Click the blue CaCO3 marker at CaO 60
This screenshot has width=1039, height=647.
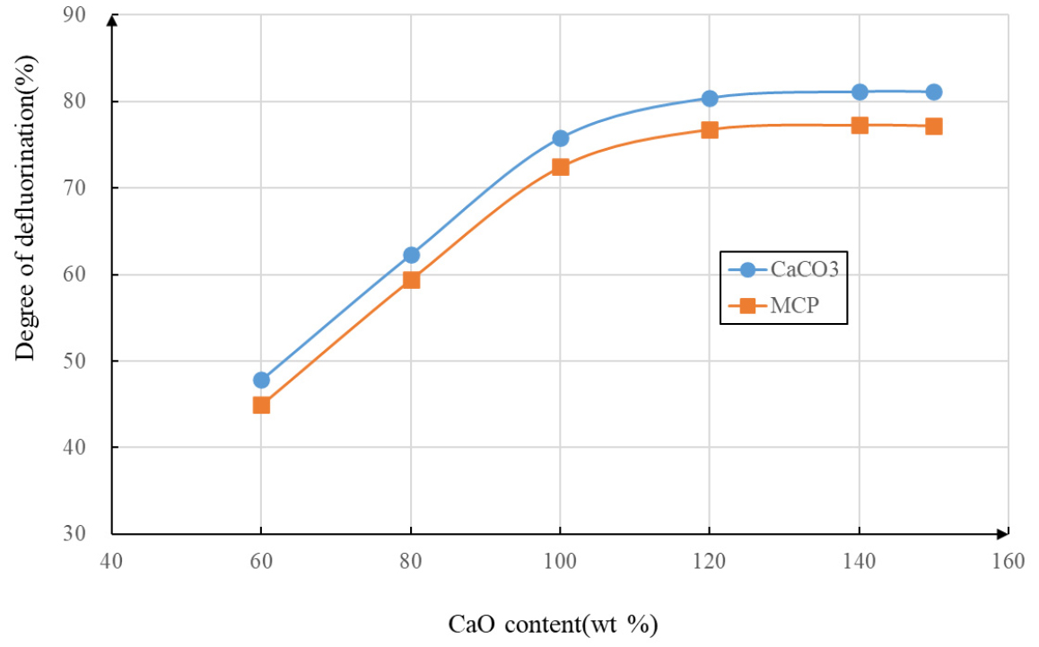(261, 380)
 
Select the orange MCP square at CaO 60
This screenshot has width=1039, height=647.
(261, 405)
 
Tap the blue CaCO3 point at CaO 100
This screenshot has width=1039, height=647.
(561, 138)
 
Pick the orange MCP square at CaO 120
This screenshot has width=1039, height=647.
(710, 129)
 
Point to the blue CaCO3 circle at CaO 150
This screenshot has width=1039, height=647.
(934, 92)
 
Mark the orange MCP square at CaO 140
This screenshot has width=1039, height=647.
(860, 125)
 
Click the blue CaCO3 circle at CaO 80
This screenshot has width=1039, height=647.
(411, 255)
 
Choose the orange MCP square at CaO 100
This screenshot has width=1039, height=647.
(561, 166)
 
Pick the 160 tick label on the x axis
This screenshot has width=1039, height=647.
(1008, 561)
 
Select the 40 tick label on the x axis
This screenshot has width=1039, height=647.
(111, 561)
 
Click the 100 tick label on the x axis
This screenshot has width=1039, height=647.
(560, 561)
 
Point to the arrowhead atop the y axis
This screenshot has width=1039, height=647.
(111, 20)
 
